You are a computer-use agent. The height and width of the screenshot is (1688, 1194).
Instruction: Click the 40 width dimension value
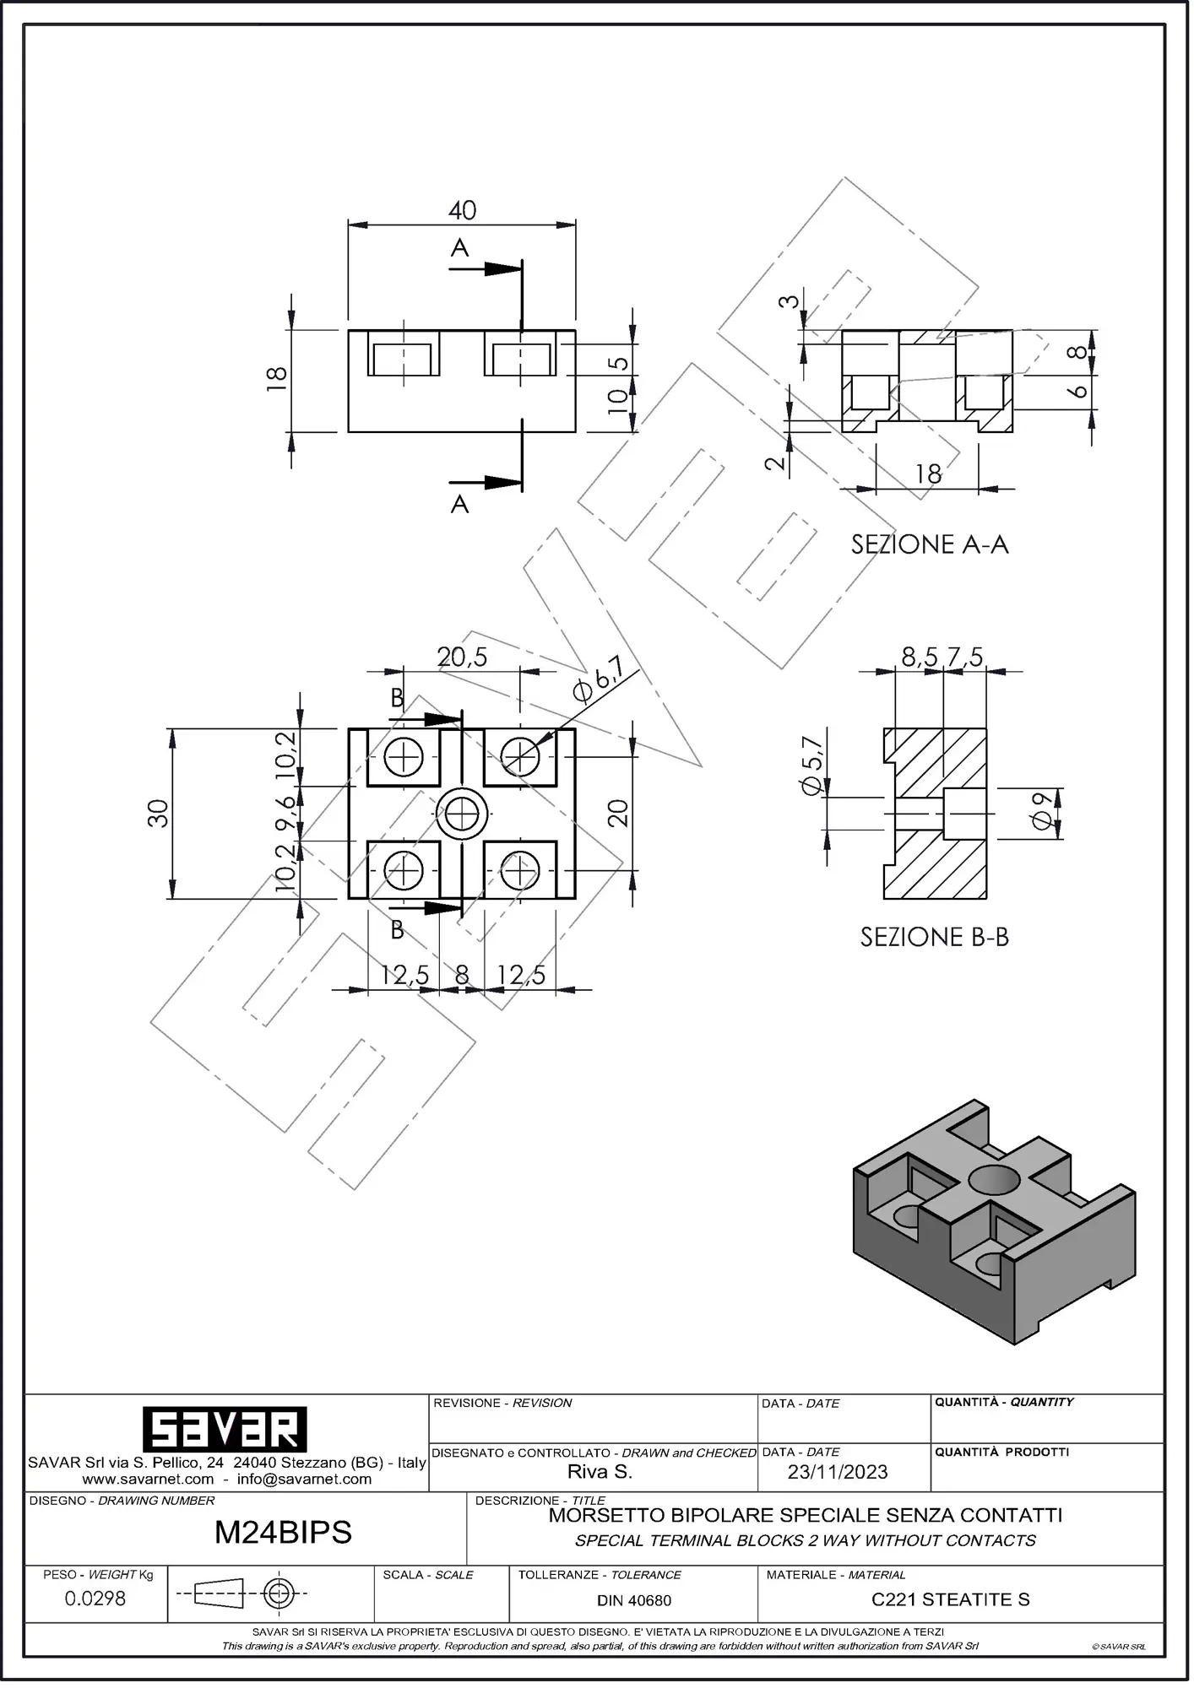[x=462, y=210]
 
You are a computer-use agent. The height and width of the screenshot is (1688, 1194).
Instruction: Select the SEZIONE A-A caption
[x=930, y=544]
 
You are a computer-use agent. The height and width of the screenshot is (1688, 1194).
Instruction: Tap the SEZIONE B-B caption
[x=934, y=937]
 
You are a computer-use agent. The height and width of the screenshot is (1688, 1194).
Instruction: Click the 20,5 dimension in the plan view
[x=462, y=657]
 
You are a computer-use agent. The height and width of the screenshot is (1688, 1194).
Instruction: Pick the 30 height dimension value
[x=158, y=814]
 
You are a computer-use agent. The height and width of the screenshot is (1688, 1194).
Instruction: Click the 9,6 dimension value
[x=285, y=814]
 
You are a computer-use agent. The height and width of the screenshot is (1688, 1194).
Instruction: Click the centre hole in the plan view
[x=462, y=814]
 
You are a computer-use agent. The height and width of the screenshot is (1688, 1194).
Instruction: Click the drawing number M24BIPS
[x=283, y=1532]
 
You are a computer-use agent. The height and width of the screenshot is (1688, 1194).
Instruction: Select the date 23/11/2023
[x=838, y=1472]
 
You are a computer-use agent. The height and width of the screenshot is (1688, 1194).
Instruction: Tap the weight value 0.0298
[x=95, y=1598]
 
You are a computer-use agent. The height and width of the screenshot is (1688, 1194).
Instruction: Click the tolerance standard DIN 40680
[x=634, y=1600]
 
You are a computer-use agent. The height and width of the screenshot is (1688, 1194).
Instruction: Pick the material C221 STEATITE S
[x=951, y=1599]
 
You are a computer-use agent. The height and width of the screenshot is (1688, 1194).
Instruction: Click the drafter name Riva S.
[x=600, y=1472]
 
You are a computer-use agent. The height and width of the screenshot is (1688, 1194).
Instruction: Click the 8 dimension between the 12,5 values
[x=462, y=976]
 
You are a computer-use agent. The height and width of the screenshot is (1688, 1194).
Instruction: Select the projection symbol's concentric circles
[x=279, y=1593]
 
